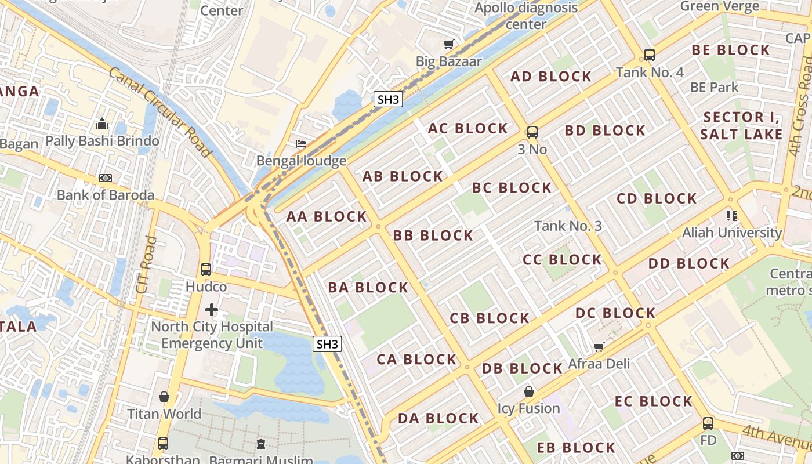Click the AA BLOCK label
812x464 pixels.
tap(327, 217)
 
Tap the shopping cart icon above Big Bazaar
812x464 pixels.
tap(448, 44)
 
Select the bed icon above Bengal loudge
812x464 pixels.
tap(300, 144)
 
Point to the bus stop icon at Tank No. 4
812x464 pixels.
tap(650, 56)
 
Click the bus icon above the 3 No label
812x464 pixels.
tap(532, 132)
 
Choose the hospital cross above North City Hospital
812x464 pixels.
tap(212, 310)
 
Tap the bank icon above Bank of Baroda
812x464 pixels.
tap(106, 178)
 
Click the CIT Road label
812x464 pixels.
tap(148, 264)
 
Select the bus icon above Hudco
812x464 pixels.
tap(206, 270)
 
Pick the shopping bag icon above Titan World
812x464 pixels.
tap(164, 397)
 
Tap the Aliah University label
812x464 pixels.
tap(732, 233)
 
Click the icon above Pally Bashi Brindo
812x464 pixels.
tap(102, 124)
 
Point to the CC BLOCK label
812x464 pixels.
tap(562, 260)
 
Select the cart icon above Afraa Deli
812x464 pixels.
tap(599, 347)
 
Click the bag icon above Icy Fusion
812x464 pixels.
tap(528, 392)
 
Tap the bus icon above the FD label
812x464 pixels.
tap(708, 423)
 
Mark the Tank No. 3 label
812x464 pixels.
tap(568, 226)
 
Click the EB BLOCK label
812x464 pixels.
tap(575, 448)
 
